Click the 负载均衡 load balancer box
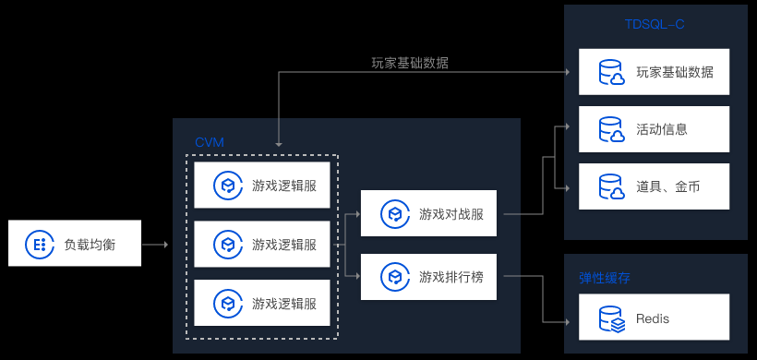click(75, 243)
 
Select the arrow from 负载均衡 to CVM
click(155, 245)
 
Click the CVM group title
click(210, 142)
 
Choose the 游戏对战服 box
click(428, 213)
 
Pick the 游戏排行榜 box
click(428, 277)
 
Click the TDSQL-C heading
click(655, 24)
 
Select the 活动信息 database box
click(655, 129)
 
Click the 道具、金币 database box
click(655, 186)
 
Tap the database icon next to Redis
click(612, 318)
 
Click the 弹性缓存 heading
click(605, 278)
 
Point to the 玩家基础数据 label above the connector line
click(410, 63)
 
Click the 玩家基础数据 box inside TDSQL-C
click(655, 72)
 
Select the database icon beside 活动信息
click(612, 129)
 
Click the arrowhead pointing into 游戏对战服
click(357, 213)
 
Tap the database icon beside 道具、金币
click(612, 186)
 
